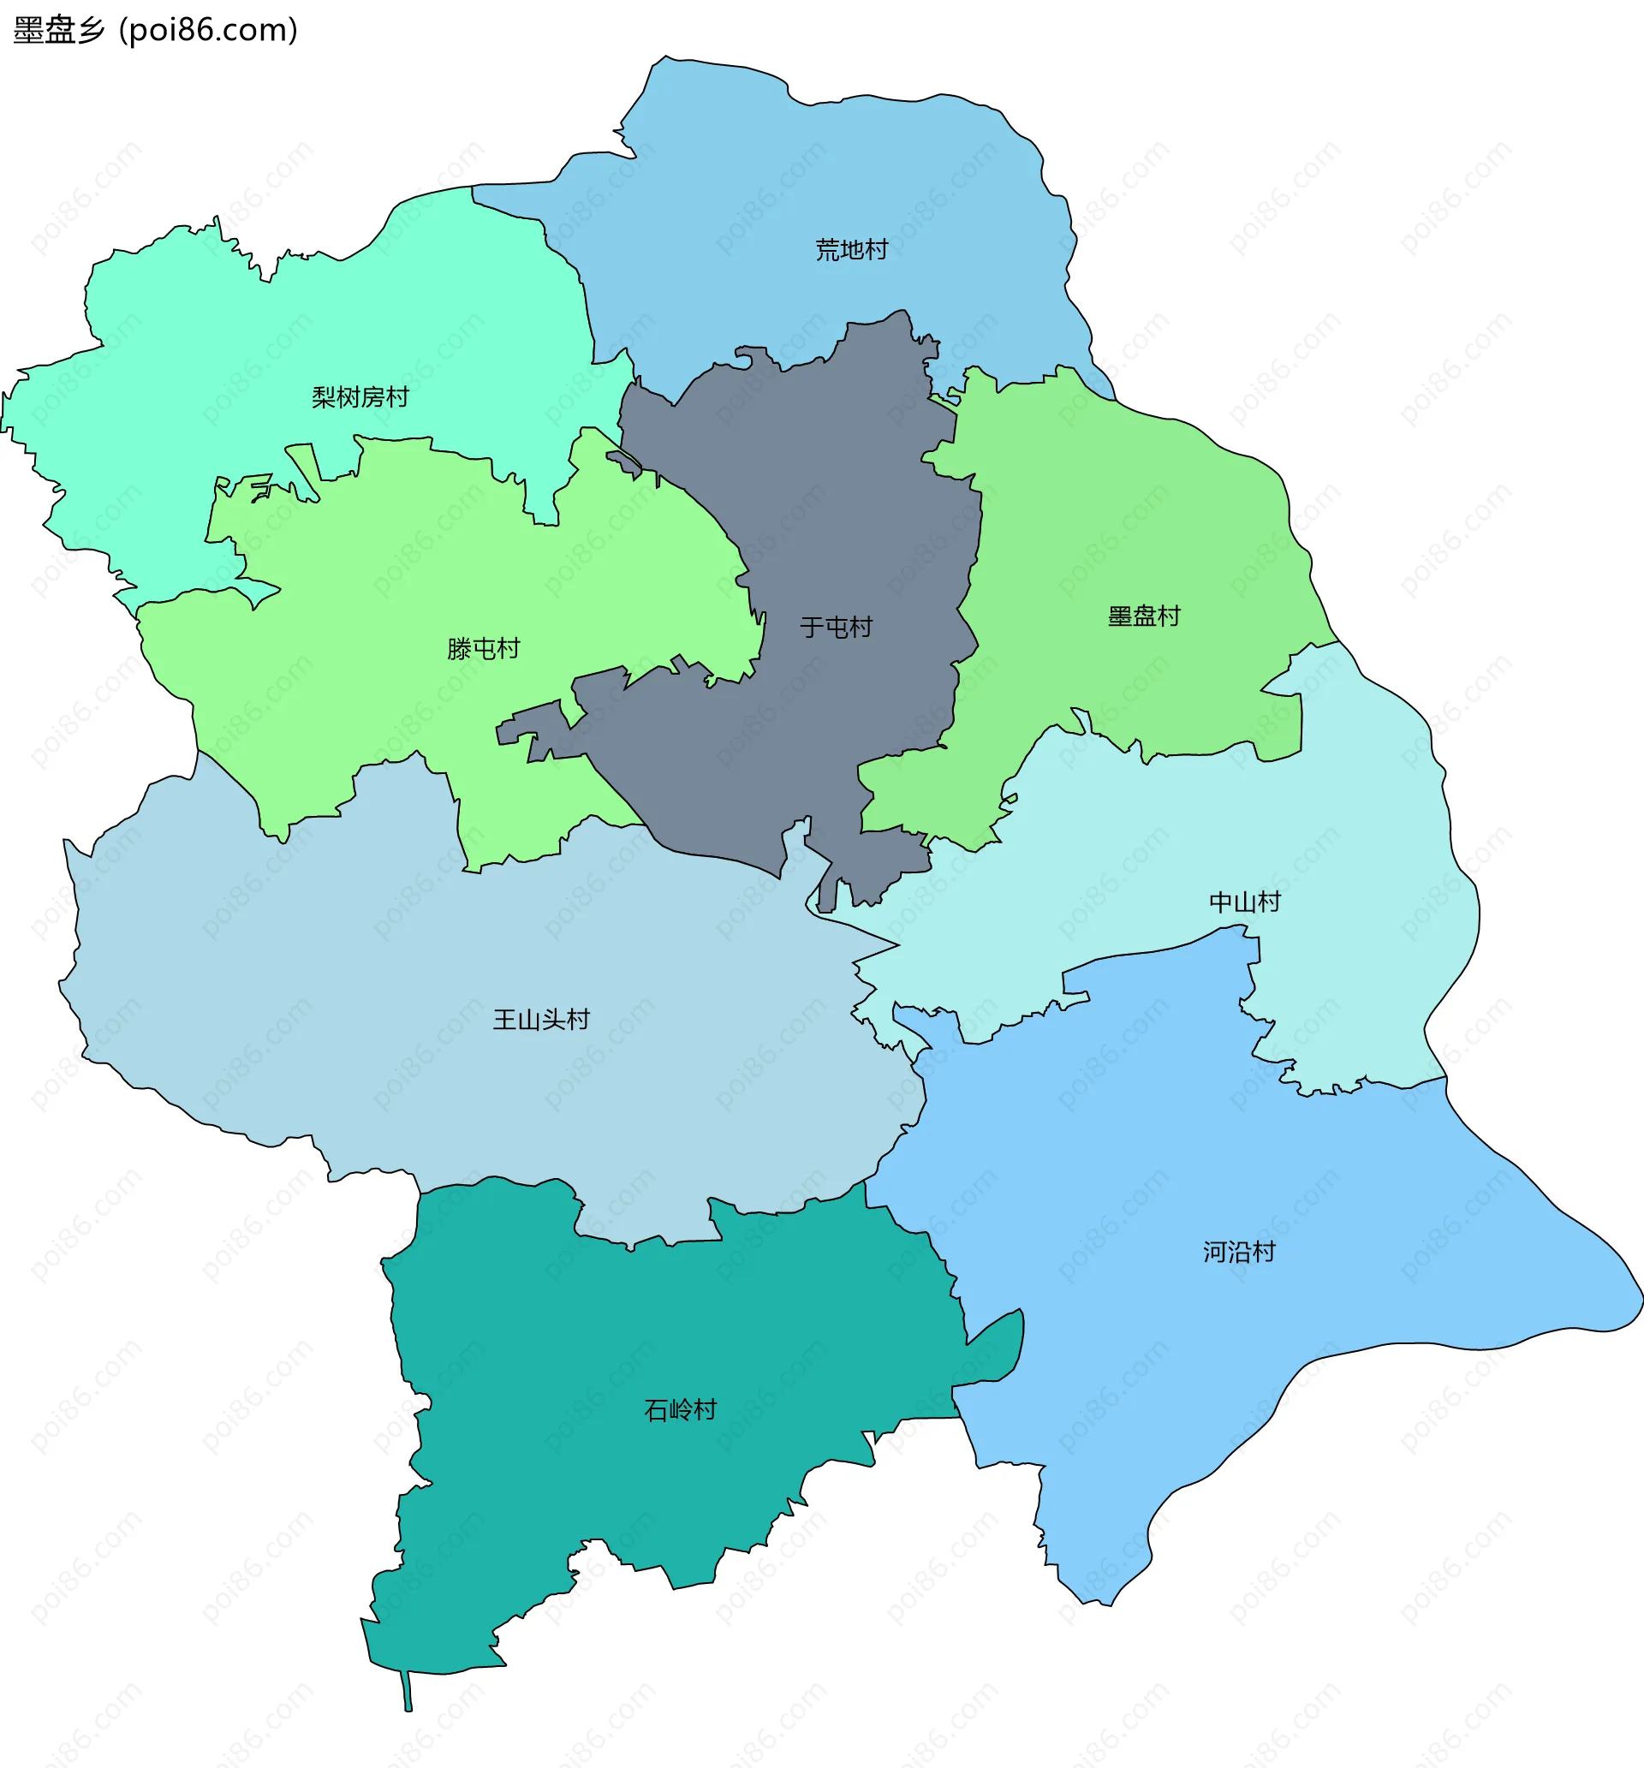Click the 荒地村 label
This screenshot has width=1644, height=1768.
[851, 250]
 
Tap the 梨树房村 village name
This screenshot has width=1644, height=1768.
[360, 397]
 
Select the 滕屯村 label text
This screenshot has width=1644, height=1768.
[483, 649]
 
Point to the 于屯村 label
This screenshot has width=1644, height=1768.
[836, 628]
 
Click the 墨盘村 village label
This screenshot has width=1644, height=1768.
[1143, 616]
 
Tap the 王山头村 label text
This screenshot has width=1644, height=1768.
[541, 1020]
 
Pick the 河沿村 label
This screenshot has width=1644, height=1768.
[1239, 1253]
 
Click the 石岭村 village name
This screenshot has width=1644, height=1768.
[680, 1410]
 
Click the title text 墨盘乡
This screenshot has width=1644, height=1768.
[59, 30]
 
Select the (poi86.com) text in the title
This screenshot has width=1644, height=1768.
[208, 30]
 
